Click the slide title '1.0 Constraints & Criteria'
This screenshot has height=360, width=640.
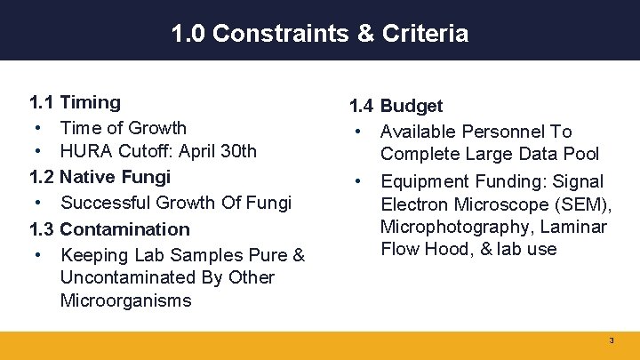[x=320, y=34]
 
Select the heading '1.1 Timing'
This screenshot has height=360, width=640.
[x=75, y=102]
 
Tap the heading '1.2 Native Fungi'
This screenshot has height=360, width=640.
[x=100, y=177]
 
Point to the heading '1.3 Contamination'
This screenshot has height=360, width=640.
[x=109, y=228]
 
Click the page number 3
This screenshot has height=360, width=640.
[x=611, y=341]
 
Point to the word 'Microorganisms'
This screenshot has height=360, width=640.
[x=125, y=300]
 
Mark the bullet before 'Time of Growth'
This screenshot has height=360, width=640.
[x=41, y=128]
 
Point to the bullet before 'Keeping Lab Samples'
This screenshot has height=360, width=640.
[x=41, y=255]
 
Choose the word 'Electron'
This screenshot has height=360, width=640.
[x=413, y=204]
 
